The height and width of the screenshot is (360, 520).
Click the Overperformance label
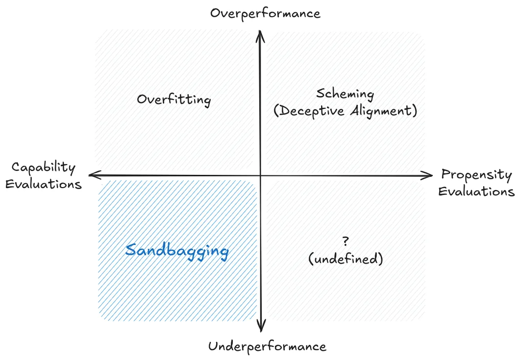tap(265, 13)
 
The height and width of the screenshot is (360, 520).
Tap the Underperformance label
tap(267, 347)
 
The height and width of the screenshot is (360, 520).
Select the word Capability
tap(44, 168)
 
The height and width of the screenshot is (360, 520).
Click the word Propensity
tap(476, 175)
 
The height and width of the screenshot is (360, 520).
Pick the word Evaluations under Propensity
tap(476, 191)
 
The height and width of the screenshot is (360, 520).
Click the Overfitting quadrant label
tap(174, 100)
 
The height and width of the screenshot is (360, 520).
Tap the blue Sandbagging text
tap(177, 251)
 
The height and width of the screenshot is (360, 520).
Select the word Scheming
tap(345, 94)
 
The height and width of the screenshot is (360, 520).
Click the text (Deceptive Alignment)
tap(345, 111)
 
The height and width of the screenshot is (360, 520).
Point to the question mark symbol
tap(346, 241)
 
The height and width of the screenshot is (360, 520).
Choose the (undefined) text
tap(346, 259)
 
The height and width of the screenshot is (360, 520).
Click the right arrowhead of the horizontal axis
tap(429, 175)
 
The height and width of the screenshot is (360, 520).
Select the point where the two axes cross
tap(261, 175)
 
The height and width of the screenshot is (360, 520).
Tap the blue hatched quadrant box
tap(177, 289)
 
